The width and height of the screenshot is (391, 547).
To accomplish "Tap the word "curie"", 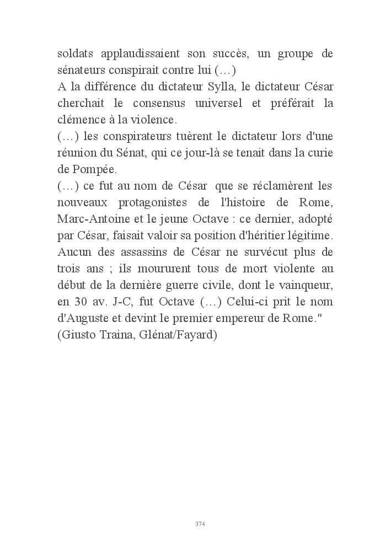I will tap(321, 153).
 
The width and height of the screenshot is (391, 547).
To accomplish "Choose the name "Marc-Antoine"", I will tap(90, 219).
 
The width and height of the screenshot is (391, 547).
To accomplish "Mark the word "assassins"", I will tap(139, 252).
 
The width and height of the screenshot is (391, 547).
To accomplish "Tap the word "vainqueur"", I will tap(309, 285).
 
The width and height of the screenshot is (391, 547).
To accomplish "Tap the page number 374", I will tap(200, 523).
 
